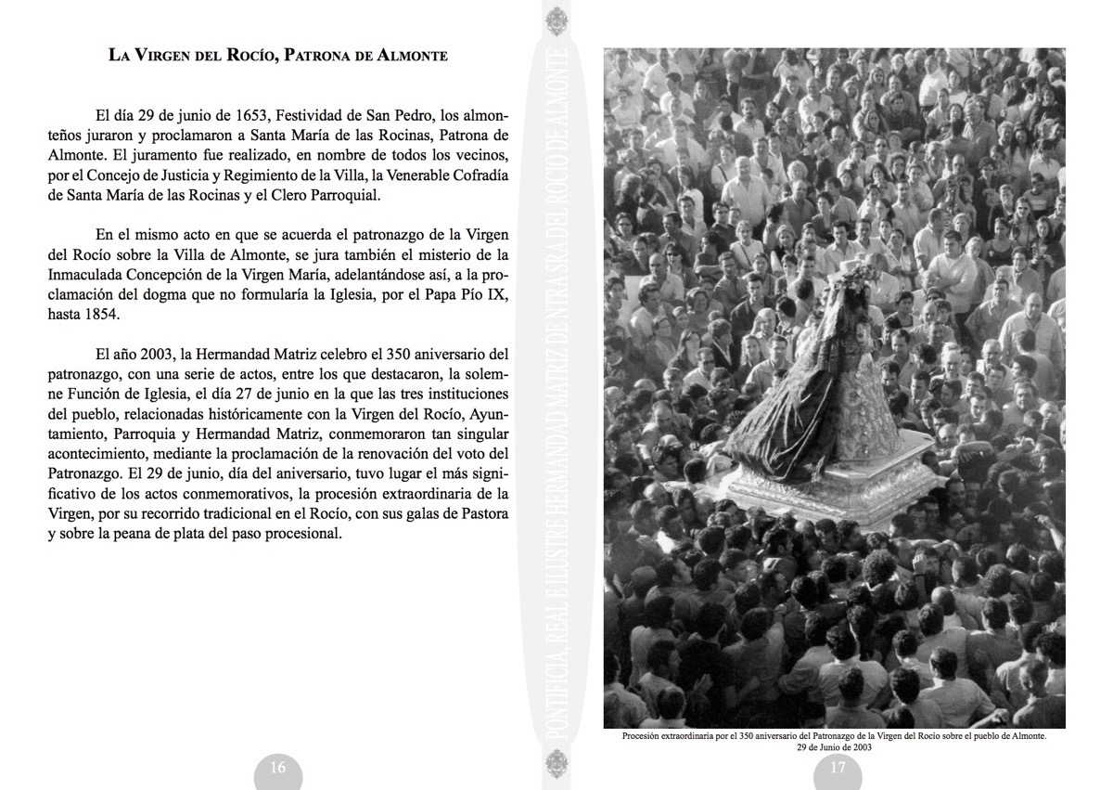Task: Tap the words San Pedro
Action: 377,116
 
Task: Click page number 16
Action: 277,768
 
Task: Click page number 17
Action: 838,768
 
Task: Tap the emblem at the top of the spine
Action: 556,20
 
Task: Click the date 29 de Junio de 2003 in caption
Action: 834,745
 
